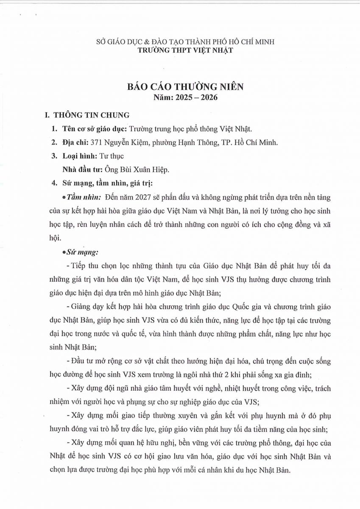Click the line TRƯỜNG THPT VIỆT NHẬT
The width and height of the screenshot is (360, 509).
point(185,50)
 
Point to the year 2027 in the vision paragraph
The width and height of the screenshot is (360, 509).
point(146,198)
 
